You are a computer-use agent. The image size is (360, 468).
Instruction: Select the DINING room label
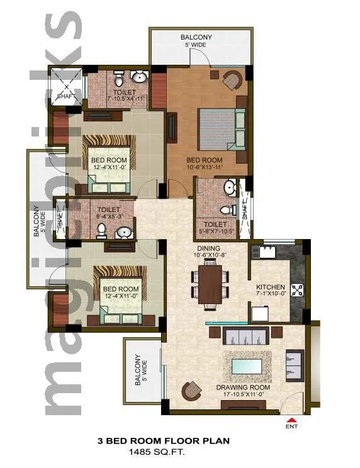[208, 248]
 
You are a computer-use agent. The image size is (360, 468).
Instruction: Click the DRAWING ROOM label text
[243, 387]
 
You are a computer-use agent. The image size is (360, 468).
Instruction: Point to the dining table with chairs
[210, 284]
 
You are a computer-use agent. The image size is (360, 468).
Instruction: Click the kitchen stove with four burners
[297, 291]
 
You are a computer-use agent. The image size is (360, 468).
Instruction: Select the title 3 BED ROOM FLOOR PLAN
[162, 442]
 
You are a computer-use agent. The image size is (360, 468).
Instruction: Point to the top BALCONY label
[196, 37]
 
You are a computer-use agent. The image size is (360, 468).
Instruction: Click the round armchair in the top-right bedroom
[232, 79]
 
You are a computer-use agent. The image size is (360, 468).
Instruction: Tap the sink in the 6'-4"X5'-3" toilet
[125, 233]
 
